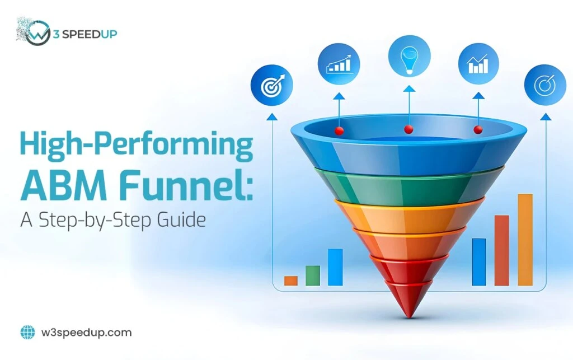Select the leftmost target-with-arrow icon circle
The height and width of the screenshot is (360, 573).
[271, 86]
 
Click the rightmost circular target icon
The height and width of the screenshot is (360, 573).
[544, 85]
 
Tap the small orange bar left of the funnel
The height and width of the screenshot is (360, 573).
[290, 280]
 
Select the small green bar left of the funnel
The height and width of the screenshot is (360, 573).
[313, 275]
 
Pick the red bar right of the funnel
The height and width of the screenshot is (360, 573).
[502, 250]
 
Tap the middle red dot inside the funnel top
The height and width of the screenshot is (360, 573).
[409, 129]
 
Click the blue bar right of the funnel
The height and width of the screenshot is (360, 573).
[479, 262]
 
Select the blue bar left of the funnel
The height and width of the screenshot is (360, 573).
[335, 267]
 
